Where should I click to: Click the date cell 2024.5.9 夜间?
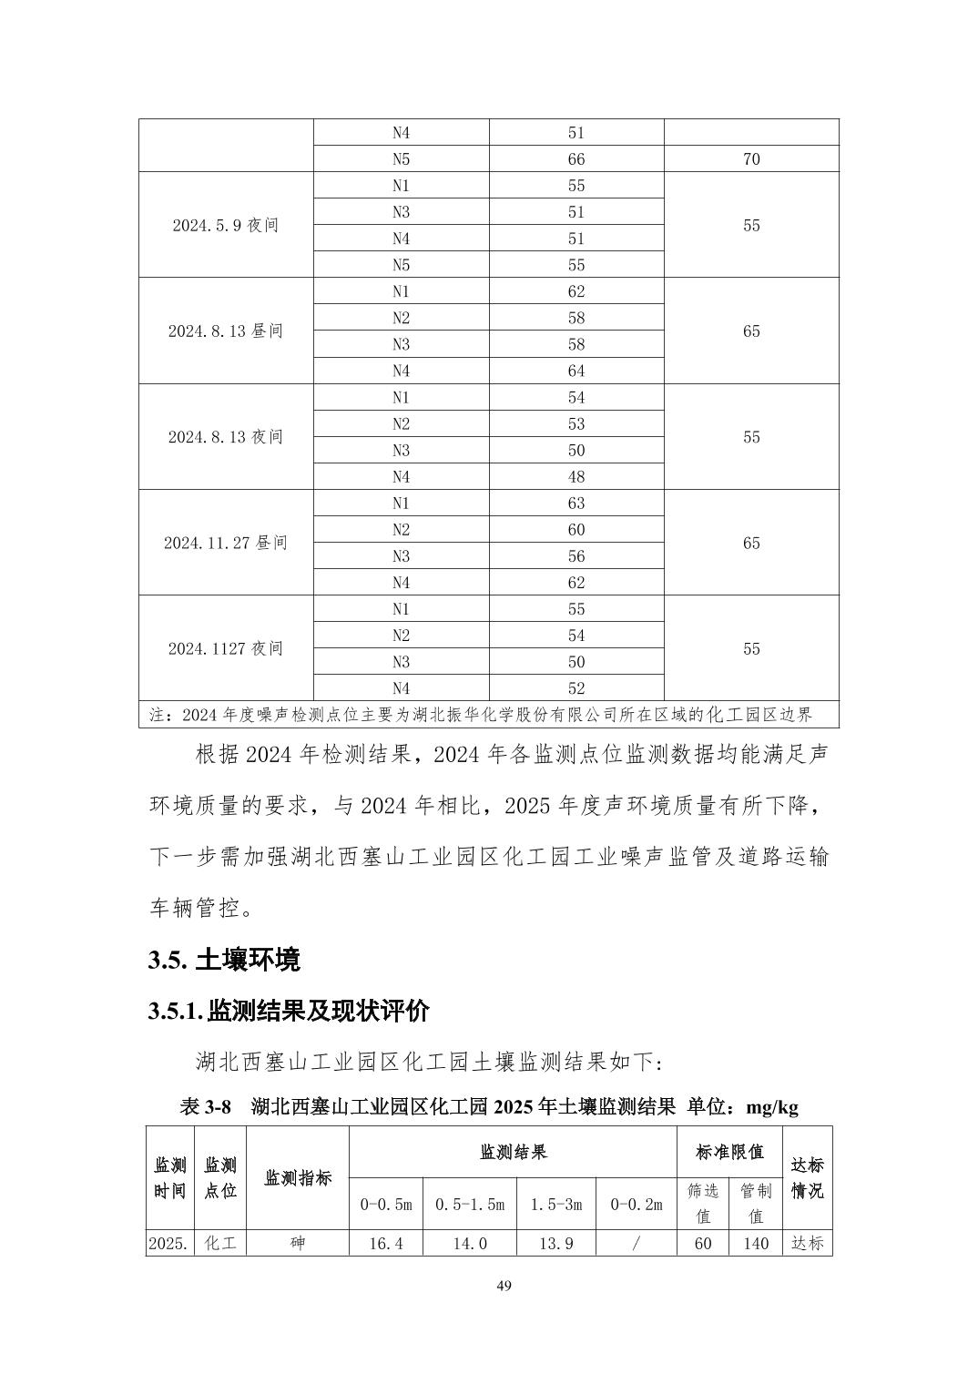tap(225, 226)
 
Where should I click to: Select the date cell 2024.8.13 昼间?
tap(225, 331)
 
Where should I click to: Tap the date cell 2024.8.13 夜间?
tap(225, 437)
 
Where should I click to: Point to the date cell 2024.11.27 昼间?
tap(225, 544)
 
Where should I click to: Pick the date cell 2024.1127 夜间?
tap(225, 649)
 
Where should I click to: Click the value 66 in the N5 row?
tap(576, 159)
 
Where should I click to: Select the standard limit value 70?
tap(750, 159)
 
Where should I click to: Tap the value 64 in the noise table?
tap(576, 371)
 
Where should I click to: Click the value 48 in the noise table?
tap(576, 477)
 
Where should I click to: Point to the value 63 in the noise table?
tap(576, 504)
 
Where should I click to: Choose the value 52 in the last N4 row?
tap(576, 689)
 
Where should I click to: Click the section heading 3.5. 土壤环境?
tap(224, 960)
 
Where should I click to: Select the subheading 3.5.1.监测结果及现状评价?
tap(289, 1011)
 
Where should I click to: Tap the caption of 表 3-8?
tap(489, 1107)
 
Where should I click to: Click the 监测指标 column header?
tap(298, 1178)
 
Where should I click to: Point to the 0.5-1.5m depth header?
tap(470, 1205)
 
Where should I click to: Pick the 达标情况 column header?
tap(807, 1178)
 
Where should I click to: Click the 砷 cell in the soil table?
tap(298, 1244)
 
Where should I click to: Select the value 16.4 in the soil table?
tap(385, 1244)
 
